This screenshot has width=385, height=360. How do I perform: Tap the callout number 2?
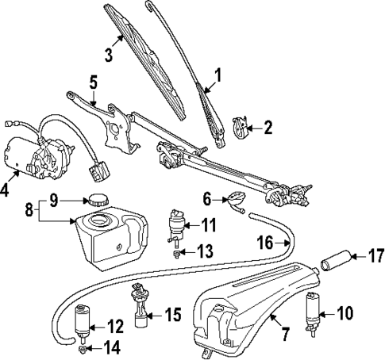[268, 126]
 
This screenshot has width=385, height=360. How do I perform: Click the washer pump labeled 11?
[175, 224]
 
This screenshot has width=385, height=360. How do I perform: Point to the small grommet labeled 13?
[177, 252]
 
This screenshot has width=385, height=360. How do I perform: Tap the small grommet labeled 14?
[83, 347]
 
